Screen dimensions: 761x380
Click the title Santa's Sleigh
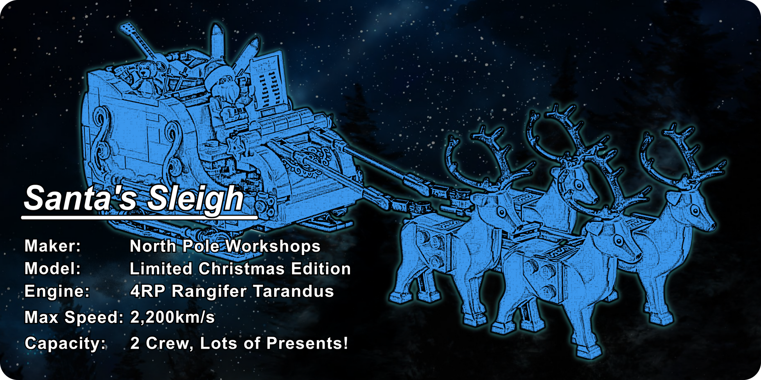coord(134,198)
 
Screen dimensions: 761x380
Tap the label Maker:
coord(52,246)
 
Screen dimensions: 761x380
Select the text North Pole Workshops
coord(225,246)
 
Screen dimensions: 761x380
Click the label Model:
coord(52,269)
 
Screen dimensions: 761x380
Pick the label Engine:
coord(57,291)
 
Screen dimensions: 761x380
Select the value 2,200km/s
coord(172,317)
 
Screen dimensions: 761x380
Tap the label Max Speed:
coord(74,317)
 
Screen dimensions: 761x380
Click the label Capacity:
coord(65,343)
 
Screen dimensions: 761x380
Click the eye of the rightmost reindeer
coord(696,211)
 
